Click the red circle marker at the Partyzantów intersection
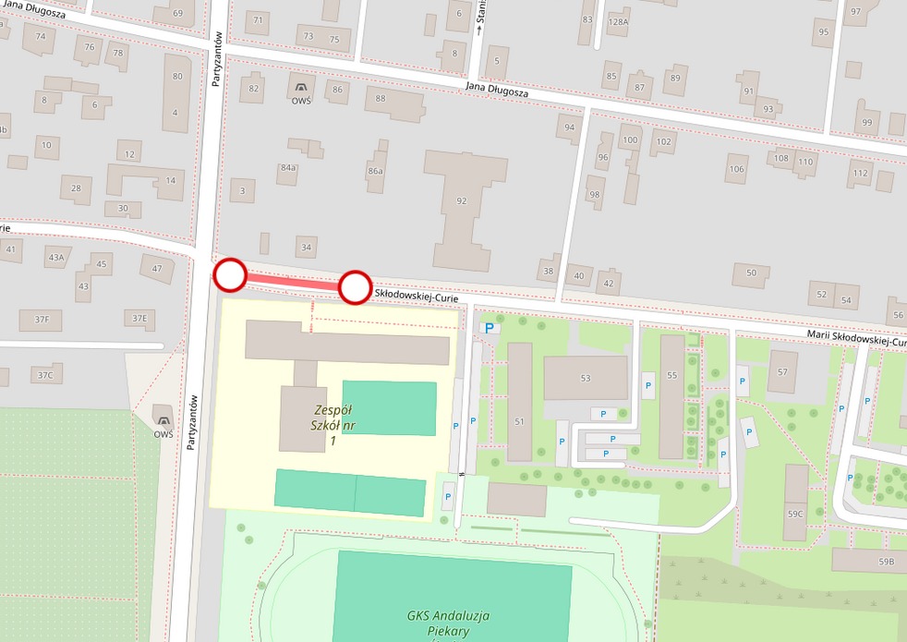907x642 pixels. (230, 274)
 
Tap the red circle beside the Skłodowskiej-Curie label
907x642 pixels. (355, 287)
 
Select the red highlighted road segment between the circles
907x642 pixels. (292, 281)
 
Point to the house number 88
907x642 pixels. (381, 98)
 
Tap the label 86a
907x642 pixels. (375, 172)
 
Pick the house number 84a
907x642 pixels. (288, 168)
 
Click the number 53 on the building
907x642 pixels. (585, 378)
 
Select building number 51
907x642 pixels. (519, 421)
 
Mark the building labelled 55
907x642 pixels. (671, 375)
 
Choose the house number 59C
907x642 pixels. (795, 514)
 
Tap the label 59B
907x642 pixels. (886, 562)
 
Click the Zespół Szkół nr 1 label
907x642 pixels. (333, 426)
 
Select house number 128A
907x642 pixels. (618, 22)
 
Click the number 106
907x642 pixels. (736, 169)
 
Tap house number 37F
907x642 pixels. (42, 319)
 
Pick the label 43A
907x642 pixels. (57, 257)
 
